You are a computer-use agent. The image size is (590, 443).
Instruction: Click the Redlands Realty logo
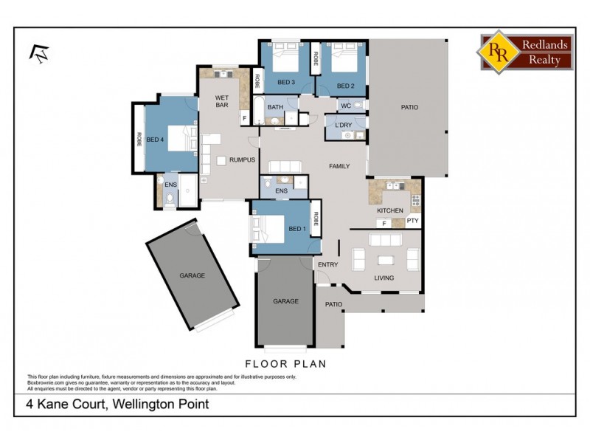(526, 52)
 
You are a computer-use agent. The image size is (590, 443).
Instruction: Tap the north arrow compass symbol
(36, 52)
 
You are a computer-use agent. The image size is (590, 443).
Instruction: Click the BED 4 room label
(154, 140)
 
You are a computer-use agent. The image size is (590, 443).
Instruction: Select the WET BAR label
(222, 101)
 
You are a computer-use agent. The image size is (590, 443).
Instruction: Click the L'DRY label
(343, 126)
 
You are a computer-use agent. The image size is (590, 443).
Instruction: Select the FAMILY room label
(339, 166)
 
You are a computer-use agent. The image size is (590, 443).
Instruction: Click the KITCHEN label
(390, 210)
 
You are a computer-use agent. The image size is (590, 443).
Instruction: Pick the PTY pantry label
(412, 220)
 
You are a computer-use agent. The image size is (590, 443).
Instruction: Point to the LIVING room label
(383, 278)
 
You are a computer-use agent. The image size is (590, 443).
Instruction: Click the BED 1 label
(296, 230)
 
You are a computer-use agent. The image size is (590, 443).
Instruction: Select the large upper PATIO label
(409, 107)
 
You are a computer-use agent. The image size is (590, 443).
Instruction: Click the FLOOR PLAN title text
(285, 364)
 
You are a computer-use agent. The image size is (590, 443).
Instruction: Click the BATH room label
(275, 107)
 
